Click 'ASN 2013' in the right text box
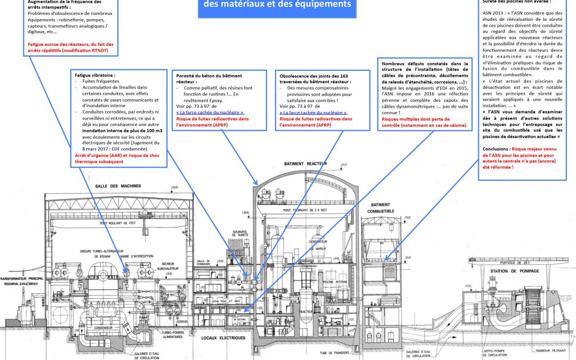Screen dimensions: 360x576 [494, 14]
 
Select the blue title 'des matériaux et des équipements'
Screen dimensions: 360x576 [274, 4]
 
